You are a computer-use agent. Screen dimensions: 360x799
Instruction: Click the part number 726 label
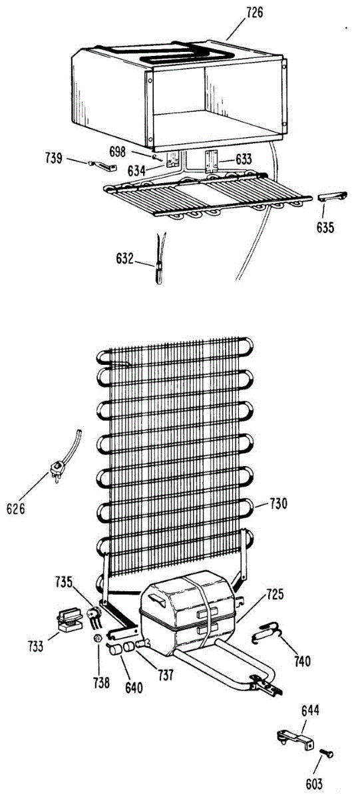click(254, 13)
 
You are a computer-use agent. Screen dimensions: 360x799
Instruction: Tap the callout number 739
click(53, 158)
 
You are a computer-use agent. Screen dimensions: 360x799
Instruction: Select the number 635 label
click(325, 227)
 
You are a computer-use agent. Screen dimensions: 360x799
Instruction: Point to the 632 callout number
click(124, 258)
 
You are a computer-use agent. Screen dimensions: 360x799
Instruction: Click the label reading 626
click(16, 508)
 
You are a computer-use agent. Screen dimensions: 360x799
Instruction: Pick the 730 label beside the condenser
click(278, 503)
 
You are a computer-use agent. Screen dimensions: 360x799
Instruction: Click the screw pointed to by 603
click(327, 753)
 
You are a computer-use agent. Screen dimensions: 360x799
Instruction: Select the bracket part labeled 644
click(297, 737)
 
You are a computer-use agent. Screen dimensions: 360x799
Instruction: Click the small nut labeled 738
click(98, 638)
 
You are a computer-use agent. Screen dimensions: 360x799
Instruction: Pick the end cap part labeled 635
click(331, 196)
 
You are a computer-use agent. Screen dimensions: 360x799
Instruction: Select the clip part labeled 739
click(102, 165)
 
